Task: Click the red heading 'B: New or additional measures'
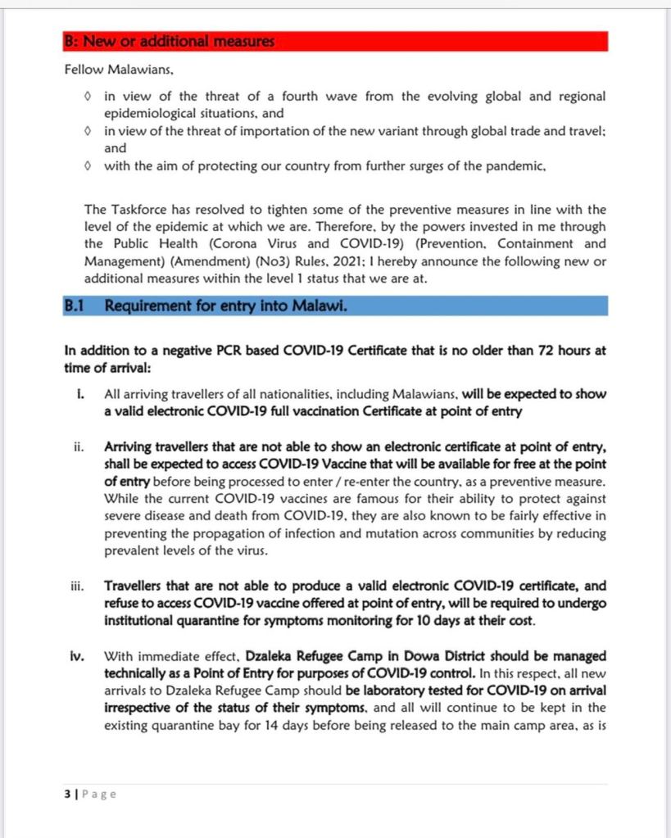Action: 170,41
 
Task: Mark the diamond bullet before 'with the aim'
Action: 88,166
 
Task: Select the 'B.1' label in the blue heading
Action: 77,306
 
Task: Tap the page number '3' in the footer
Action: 66,794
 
